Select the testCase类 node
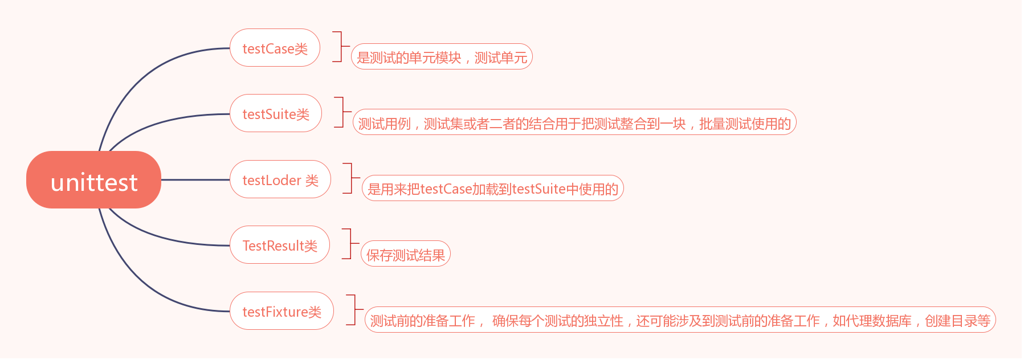(275, 48)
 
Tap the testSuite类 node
(276, 113)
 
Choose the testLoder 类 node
(280, 179)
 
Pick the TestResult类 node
(280, 245)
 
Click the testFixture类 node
(282, 311)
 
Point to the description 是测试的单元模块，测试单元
(442, 57)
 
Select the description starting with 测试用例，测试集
(574, 122)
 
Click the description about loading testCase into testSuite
(493, 189)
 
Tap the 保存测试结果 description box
(406, 254)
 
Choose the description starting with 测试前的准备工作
(680, 320)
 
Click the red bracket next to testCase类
(340, 46)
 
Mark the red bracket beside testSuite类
(342, 112)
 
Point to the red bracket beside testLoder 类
(350, 178)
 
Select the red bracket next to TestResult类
(349, 243)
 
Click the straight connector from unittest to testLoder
(195, 179)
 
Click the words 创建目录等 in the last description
(958, 321)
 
